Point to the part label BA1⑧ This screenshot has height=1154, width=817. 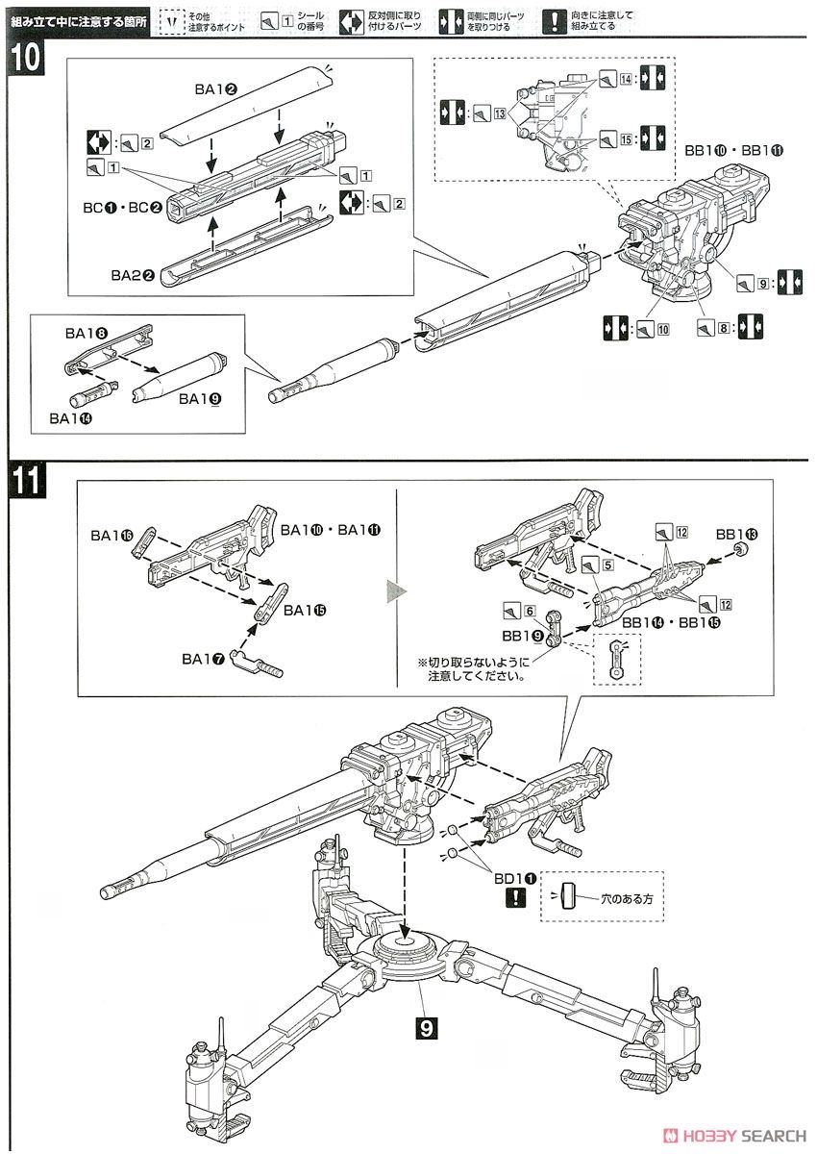(x=87, y=333)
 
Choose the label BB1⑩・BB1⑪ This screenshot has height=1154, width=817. (x=734, y=151)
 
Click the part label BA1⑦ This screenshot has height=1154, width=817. (x=203, y=659)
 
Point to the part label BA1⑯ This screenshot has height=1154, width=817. (x=111, y=533)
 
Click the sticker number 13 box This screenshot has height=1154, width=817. (x=499, y=113)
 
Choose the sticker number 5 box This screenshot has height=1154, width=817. (x=608, y=565)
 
